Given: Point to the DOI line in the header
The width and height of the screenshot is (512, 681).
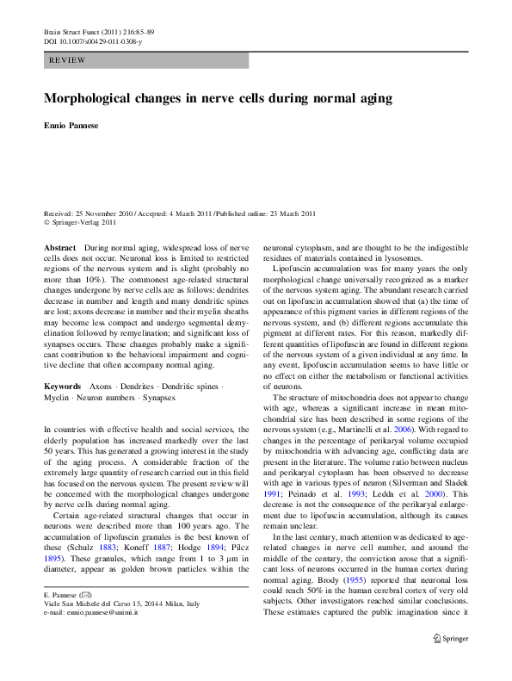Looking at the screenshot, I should pos(93,41).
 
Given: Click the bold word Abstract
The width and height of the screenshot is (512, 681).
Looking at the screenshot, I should pos(59,248).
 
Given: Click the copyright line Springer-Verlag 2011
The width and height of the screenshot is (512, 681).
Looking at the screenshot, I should pos(83,223).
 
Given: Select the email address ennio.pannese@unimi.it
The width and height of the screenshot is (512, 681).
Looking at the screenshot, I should pos(102,612).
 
